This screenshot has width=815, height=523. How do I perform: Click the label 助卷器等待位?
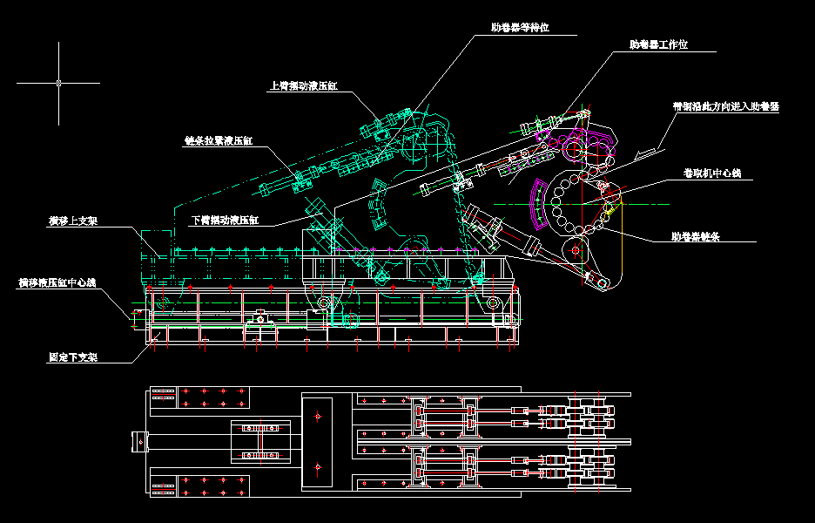520,28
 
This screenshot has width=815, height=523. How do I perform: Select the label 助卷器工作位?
658,44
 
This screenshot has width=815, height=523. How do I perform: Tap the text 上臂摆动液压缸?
304,86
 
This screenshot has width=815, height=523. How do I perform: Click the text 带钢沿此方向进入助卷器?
726,106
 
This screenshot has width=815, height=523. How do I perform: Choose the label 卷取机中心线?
711,174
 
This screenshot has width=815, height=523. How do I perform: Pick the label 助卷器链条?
695,236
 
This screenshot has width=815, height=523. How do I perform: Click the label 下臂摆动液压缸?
225,221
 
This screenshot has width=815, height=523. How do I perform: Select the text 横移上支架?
72,221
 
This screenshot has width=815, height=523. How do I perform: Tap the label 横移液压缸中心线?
57,282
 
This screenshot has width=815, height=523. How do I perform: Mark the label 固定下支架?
72,357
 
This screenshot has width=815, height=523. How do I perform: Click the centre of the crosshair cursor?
58,83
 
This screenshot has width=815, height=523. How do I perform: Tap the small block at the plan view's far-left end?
138,441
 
